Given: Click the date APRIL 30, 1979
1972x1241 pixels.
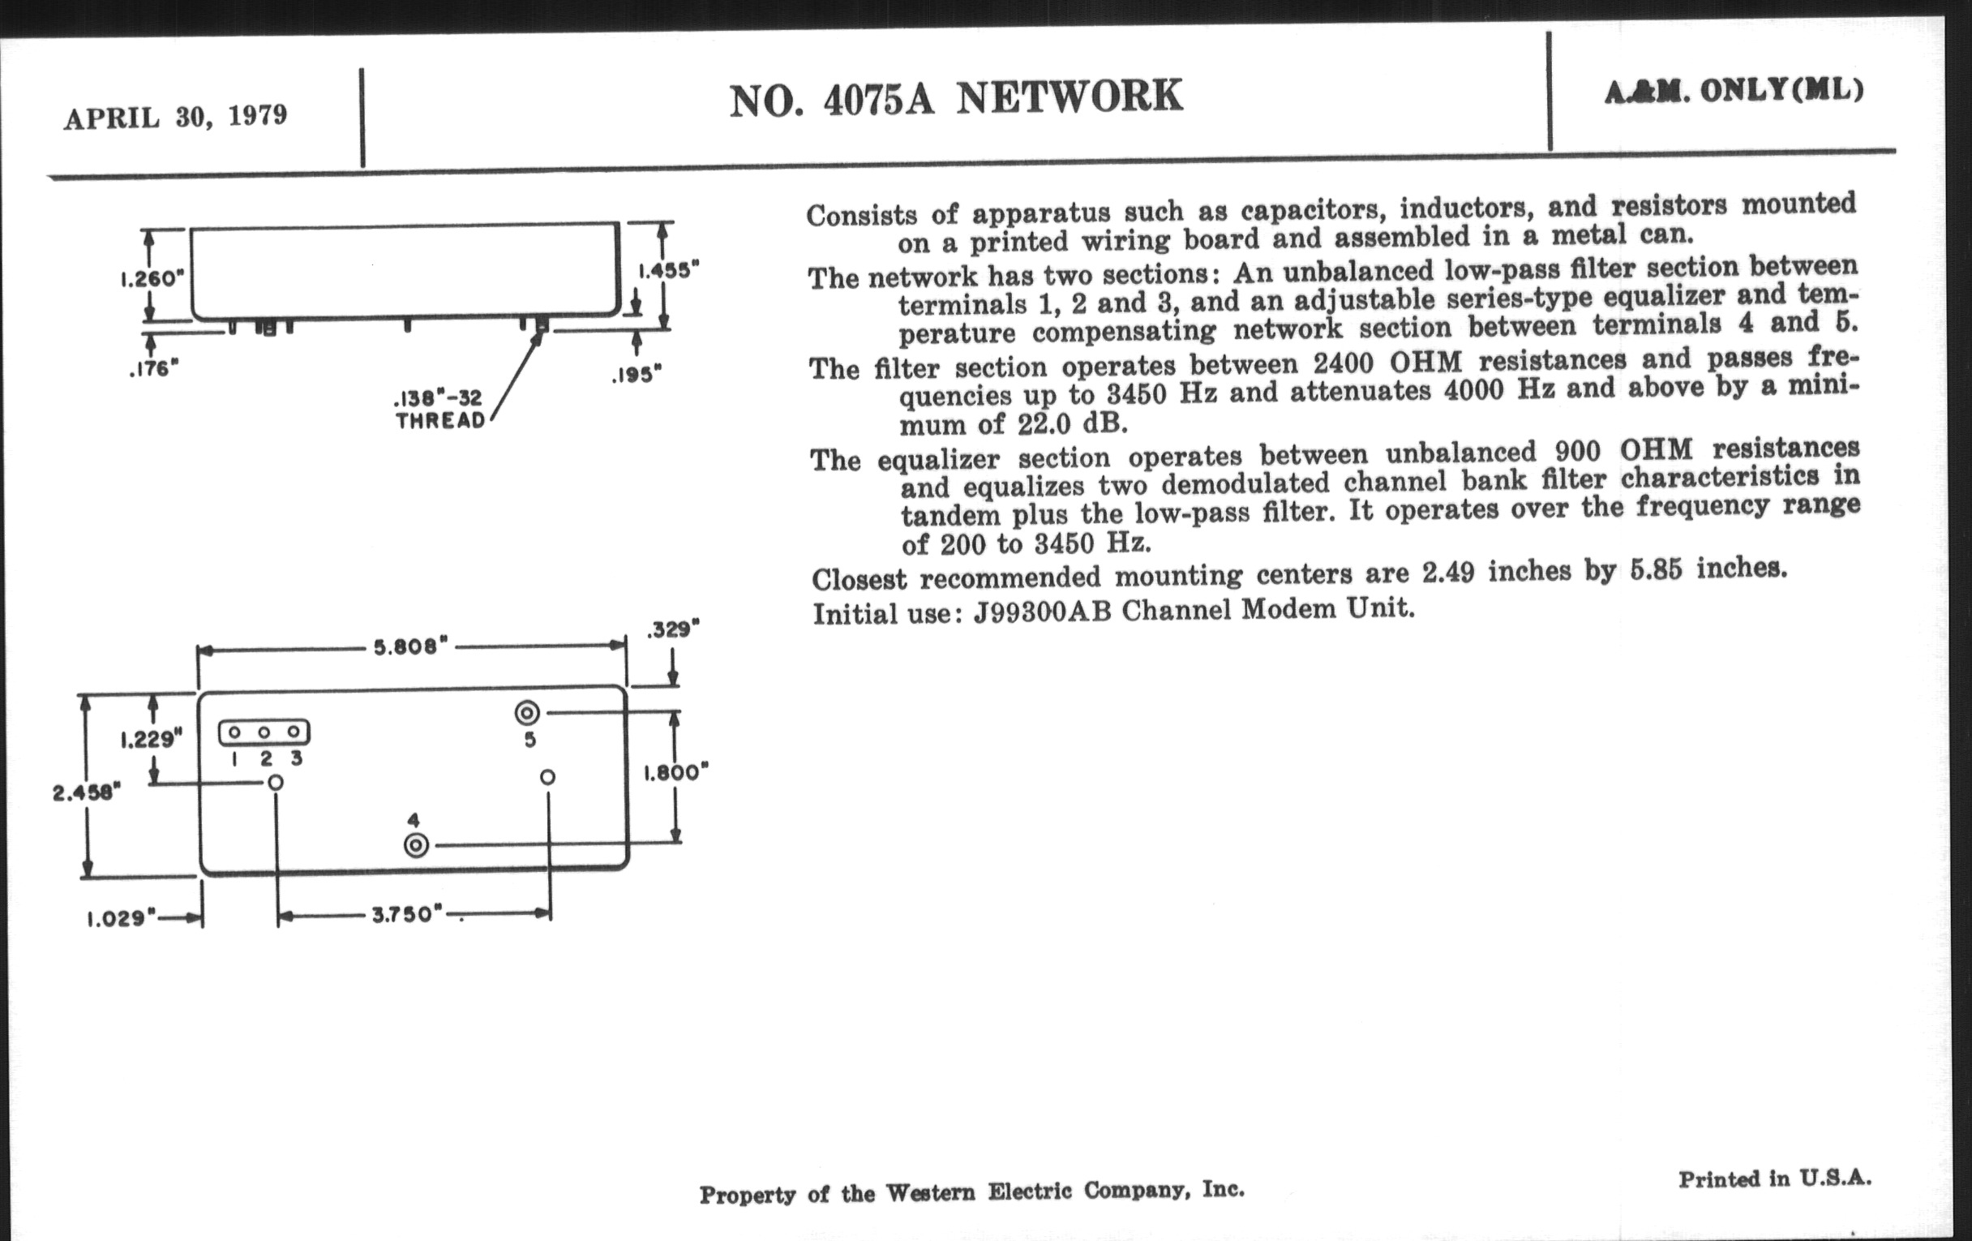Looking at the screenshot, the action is point(176,117).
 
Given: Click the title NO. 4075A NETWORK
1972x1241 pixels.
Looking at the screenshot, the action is point(956,97).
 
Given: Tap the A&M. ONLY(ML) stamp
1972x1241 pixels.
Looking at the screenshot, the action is point(1734,91).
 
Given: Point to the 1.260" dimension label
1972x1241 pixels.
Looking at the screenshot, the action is point(148,278).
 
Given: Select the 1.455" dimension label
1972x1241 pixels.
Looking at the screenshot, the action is point(669,269).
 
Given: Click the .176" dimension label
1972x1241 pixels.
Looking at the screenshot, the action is point(153,369).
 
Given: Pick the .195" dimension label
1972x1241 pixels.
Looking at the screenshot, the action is point(637,375).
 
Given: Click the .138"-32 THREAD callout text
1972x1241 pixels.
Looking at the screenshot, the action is point(439,410).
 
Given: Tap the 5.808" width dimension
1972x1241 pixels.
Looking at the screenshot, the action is point(411,647).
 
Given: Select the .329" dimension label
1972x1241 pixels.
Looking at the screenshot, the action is point(673,630).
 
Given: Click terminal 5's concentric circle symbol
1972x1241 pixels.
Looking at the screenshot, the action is point(526,714).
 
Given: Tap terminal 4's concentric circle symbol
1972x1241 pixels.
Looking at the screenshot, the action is point(417,845).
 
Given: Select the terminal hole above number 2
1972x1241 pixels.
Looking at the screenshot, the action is point(264,732).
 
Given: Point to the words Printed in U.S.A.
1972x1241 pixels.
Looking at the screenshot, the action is point(1775,1179).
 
